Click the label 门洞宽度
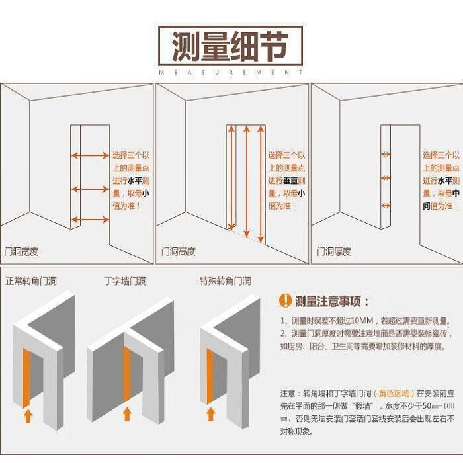(22, 252)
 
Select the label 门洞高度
(179, 252)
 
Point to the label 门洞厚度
(334, 252)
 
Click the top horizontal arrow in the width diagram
(90, 156)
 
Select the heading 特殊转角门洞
(226, 281)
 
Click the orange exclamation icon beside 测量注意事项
(284, 302)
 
